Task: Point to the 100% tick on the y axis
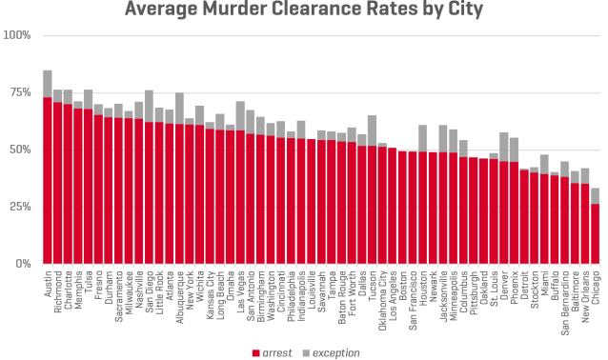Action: (x=16, y=35)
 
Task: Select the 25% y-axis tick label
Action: (x=20, y=207)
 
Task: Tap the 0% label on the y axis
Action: (x=23, y=264)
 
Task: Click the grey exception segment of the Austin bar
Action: (x=48, y=84)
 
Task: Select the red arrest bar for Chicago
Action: (x=596, y=234)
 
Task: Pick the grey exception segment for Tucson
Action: (x=373, y=130)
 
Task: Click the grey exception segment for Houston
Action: (x=423, y=138)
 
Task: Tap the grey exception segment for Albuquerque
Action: (x=179, y=109)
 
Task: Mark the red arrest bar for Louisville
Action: (x=311, y=202)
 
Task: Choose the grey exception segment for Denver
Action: (x=504, y=147)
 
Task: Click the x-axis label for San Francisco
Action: (x=413, y=300)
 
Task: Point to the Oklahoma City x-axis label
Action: (x=383, y=300)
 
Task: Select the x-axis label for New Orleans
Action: (x=585, y=296)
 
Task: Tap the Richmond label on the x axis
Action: (x=58, y=291)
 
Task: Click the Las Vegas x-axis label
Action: (x=240, y=291)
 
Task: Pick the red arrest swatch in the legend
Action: (x=256, y=353)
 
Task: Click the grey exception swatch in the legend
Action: (x=306, y=353)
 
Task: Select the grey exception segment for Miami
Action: (x=544, y=165)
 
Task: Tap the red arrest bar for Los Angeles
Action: (x=392, y=206)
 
